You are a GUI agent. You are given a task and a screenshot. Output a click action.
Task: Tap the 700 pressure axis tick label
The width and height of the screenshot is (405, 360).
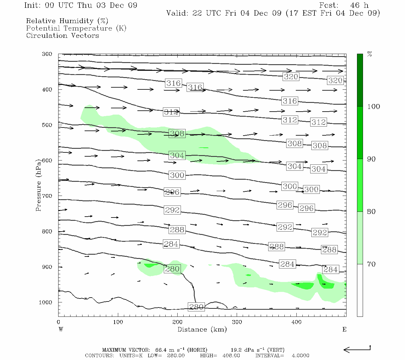point(47,196)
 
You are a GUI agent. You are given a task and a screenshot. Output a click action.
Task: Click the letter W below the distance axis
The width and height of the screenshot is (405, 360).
point(61,329)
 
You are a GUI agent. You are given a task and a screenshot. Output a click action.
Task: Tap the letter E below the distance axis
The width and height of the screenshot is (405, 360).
point(344,329)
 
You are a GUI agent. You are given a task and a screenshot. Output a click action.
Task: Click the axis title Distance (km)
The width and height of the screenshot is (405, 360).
point(202,329)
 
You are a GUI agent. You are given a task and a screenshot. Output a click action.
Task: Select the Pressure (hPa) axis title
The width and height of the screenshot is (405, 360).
point(38,185)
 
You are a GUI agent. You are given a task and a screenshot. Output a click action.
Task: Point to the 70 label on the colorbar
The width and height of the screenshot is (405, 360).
point(371,264)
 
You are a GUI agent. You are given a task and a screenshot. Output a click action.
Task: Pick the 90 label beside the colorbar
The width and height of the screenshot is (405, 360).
point(371,159)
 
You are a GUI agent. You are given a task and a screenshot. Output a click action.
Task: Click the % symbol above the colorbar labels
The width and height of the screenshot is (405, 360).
point(370,54)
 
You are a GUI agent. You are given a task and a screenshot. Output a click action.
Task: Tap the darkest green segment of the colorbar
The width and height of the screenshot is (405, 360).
point(360,80)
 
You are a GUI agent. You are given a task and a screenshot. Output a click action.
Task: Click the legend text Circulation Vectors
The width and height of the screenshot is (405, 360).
point(62,35)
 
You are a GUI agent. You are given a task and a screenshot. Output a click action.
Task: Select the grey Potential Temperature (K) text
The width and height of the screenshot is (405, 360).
point(76,28)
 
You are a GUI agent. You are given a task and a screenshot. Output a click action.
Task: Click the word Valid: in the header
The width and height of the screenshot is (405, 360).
point(177,13)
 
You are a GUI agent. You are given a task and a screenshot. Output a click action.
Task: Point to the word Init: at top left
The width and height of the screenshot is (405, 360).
point(33,5)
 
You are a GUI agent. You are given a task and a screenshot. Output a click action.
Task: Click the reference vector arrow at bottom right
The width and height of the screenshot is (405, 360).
point(357,349)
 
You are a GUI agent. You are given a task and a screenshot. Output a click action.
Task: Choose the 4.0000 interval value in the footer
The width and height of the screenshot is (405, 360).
point(300,355)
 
